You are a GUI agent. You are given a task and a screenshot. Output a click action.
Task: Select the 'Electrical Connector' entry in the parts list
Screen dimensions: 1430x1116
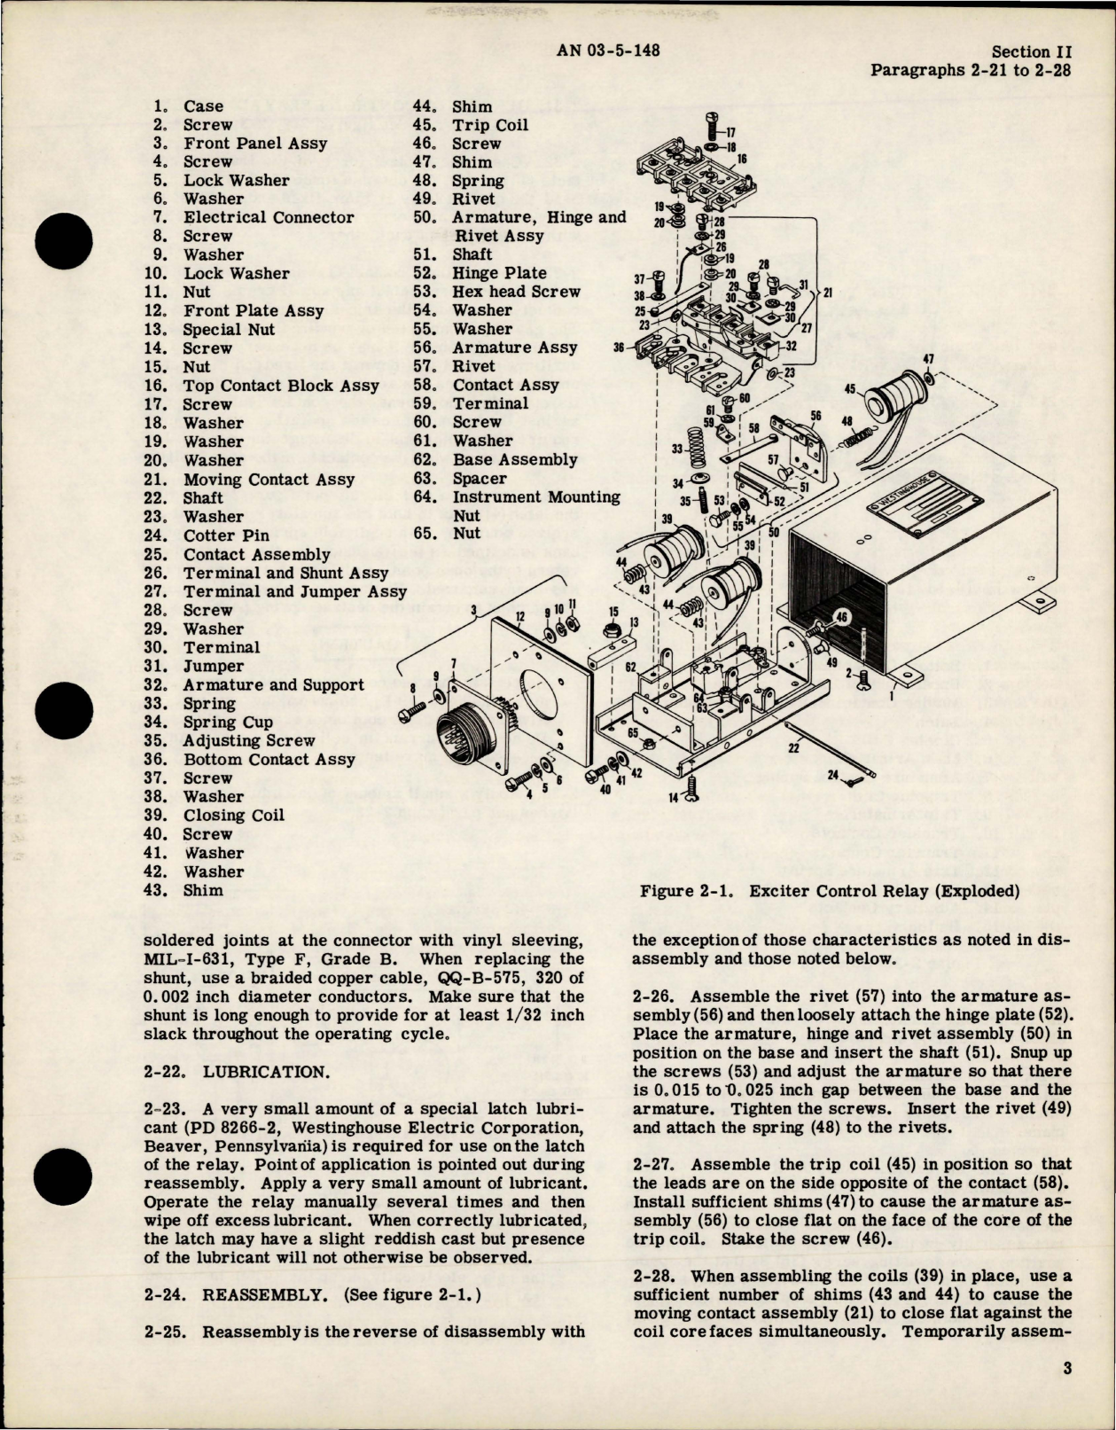(x=269, y=217)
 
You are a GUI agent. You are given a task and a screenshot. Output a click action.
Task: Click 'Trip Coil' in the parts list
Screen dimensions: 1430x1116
(x=490, y=125)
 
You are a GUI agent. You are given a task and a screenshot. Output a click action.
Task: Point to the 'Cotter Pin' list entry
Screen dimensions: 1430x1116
(x=226, y=535)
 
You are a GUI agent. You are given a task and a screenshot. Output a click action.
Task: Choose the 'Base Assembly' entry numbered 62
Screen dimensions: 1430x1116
(x=514, y=459)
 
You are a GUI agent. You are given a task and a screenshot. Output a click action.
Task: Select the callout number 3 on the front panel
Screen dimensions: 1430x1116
(x=476, y=609)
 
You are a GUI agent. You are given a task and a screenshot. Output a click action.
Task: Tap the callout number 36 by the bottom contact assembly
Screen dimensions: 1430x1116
(x=618, y=348)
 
